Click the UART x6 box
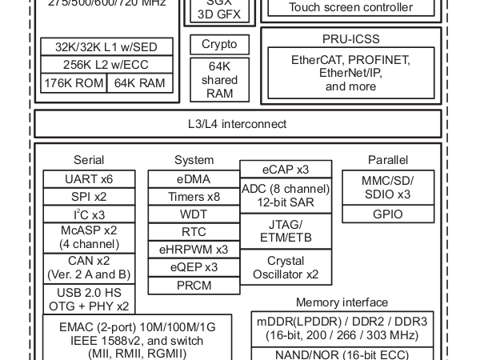(89, 178)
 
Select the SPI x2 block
(89, 197)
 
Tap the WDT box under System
(194, 214)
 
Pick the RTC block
(194, 232)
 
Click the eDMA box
(194, 179)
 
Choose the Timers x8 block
(194, 197)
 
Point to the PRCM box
(194, 286)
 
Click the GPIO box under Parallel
(388, 214)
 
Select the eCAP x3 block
(286, 170)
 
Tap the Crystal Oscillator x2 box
(286, 268)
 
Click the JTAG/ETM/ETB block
(286, 231)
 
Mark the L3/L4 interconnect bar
(238, 124)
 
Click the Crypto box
(219, 45)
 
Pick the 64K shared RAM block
(219, 79)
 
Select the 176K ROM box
(74, 83)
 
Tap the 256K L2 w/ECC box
(106, 65)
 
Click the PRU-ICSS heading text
(351, 38)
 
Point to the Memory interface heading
(342, 302)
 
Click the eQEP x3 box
(194, 267)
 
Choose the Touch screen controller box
(351, 8)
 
